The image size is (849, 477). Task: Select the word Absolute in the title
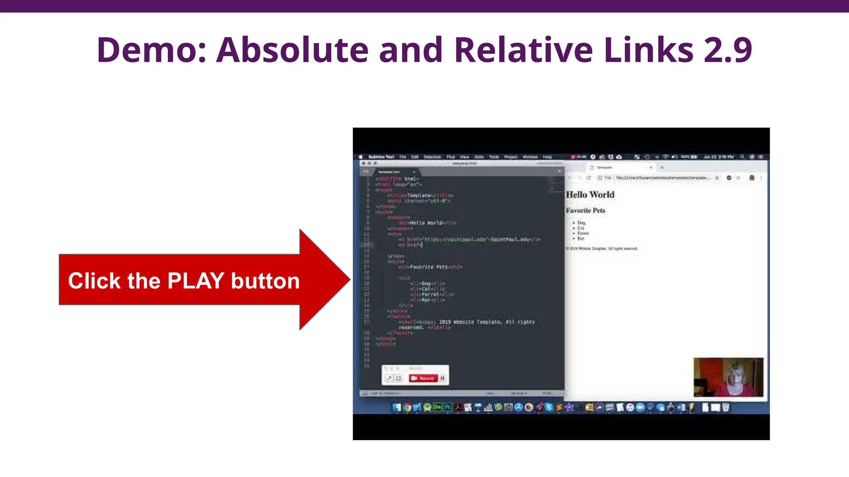tap(292, 50)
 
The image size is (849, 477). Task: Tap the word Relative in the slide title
tap(524, 50)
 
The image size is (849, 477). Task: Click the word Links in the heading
tap(648, 50)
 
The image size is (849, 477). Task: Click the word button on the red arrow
tap(265, 281)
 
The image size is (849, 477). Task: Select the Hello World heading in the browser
tap(590, 195)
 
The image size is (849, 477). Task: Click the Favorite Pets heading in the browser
tap(585, 210)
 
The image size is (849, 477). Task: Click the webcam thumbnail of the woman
tap(728, 377)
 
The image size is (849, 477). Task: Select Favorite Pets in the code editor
tap(429, 267)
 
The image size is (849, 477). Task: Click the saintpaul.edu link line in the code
tap(473, 239)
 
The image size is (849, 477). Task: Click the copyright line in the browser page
tap(602, 248)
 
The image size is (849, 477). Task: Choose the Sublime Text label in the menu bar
tap(381, 157)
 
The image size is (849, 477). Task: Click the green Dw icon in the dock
tap(437, 407)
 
